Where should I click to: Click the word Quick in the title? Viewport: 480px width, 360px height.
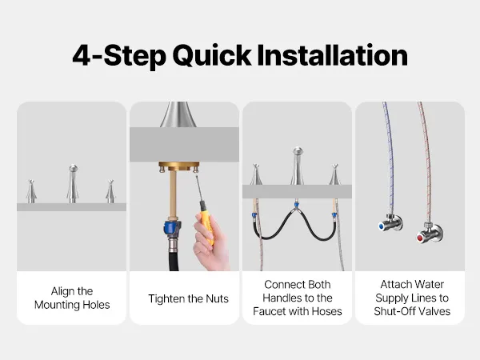212,56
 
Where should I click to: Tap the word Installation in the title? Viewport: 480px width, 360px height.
333,55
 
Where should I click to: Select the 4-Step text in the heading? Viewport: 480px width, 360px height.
119,56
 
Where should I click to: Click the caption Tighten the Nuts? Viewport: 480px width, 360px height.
188,298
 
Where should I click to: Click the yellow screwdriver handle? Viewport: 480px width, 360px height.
206,222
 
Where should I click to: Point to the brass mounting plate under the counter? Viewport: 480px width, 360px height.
179,167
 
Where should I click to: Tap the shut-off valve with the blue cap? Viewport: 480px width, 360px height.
390,222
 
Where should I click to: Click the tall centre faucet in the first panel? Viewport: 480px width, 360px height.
73,184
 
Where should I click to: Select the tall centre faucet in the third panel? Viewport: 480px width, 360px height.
298,166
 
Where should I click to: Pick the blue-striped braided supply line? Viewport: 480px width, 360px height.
389,159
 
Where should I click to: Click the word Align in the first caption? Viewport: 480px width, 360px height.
62,291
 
